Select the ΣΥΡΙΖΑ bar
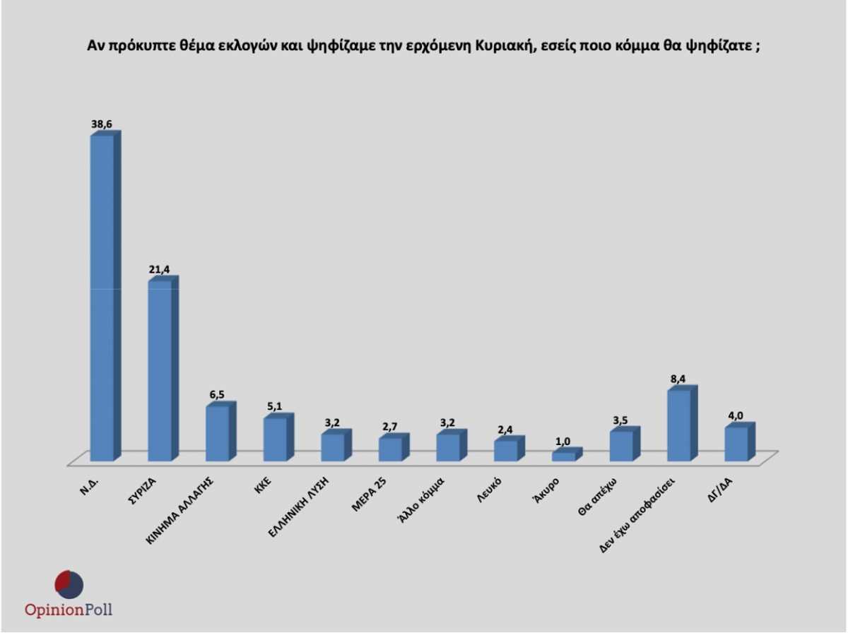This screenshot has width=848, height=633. coord(160,371)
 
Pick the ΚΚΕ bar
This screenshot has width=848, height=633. coord(275,439)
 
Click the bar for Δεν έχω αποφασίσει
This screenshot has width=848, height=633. coord(679,425)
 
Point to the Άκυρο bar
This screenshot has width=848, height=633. coord(564,456)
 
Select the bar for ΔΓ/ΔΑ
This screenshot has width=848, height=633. coord(736,444)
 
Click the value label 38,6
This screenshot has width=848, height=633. coord(102,124)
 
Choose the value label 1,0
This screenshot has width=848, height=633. coord(564,442)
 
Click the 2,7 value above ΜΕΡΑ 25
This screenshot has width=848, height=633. coord(391,426)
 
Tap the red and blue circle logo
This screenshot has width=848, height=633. coord(69,584)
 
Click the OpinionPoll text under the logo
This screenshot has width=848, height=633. coord(69,610)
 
